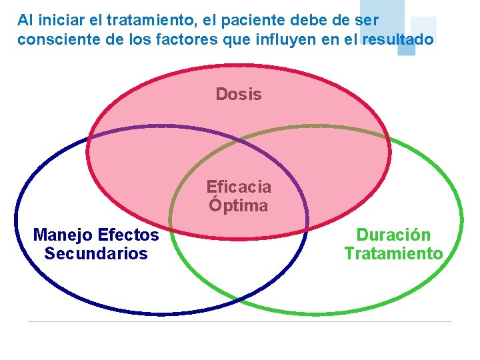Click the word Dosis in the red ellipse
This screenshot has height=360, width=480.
(239, 95)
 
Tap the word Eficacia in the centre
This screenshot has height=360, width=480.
(239, 187)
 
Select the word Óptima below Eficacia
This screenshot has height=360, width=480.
(238, 205)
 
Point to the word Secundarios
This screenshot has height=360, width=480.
(96, 254)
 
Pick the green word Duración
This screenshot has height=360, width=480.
(393, 235)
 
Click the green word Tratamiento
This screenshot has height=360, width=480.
(393, 254)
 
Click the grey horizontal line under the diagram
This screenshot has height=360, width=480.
(240, 321)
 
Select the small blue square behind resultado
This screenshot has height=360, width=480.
(406, 47)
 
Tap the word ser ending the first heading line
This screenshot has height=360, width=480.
(365, 21)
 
